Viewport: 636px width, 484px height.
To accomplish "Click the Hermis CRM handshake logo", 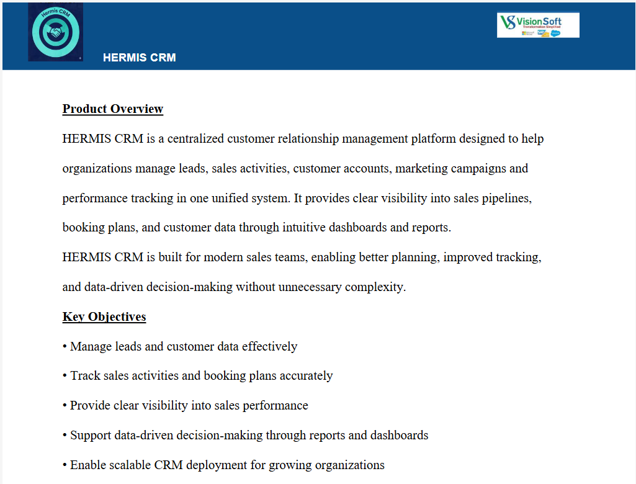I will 55,32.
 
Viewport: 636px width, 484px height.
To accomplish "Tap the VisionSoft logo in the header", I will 538,25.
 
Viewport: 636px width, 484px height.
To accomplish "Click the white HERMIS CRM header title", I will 139,58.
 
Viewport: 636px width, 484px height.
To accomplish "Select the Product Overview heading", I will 112,109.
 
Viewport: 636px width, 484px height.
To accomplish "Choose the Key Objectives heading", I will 104,317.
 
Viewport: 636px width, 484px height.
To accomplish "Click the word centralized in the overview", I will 195,139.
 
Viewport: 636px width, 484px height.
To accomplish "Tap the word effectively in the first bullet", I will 269,347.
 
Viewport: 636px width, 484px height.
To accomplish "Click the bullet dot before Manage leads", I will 65,347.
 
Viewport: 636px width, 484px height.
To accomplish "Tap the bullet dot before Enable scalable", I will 65,465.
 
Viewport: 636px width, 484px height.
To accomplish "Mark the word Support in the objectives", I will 91,436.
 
